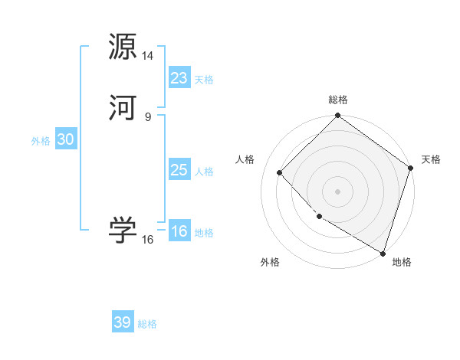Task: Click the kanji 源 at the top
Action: click(123, 47)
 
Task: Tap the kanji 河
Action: click(123, 108)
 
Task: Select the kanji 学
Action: click(123, 231)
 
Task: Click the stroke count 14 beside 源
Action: click(148, 56)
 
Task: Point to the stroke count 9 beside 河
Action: click(148, 117)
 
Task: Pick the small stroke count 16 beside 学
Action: click(148, 240)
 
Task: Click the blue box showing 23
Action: click(179, 78)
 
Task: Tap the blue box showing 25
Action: click(179, 170)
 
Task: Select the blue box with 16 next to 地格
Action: click(179, 231)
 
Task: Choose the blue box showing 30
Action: click(66, 139)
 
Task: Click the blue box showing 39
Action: click(123, 322)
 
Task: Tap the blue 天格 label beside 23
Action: click(204, 80)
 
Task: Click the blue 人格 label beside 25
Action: click(204, 172)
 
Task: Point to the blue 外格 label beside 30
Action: click(41, 141)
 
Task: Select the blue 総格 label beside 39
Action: click(147, 324)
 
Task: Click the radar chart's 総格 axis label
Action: click(338, 100)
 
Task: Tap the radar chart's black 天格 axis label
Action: click(431, 159)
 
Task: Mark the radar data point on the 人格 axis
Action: click(280, 172)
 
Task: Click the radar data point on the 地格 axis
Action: click(383, 252)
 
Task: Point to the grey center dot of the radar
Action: click(338, 191)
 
